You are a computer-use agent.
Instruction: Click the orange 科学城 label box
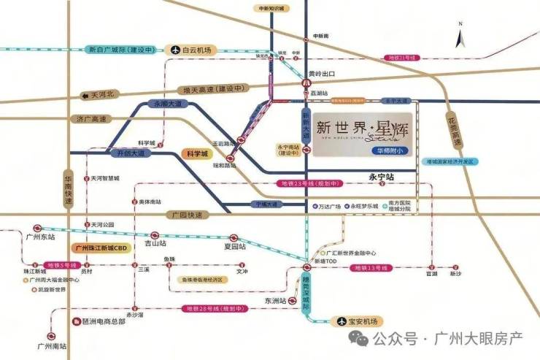[x=195, y=154]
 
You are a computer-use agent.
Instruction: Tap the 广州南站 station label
[x=52, y=346]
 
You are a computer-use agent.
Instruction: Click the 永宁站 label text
[x=381, y=177]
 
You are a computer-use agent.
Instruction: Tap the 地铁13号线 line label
[x=369, y=269]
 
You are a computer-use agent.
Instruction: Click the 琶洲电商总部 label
[x=101, y=320]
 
